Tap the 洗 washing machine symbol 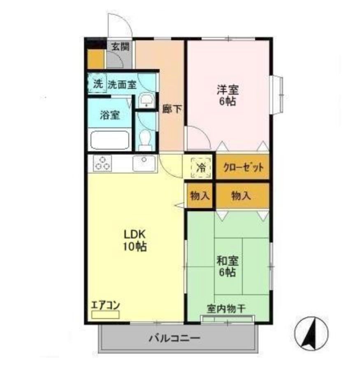[x=98, y=84]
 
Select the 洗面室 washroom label [x=122, y=85]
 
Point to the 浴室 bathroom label [x=109, y=116]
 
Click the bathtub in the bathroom [x=110, y=140]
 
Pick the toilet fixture [x=144, y=139]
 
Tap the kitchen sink [x=144, y=164]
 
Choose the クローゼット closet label [x=243, y=168]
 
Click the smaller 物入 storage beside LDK [x=200, y=196]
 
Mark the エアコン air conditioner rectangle [x=105, y=314]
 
